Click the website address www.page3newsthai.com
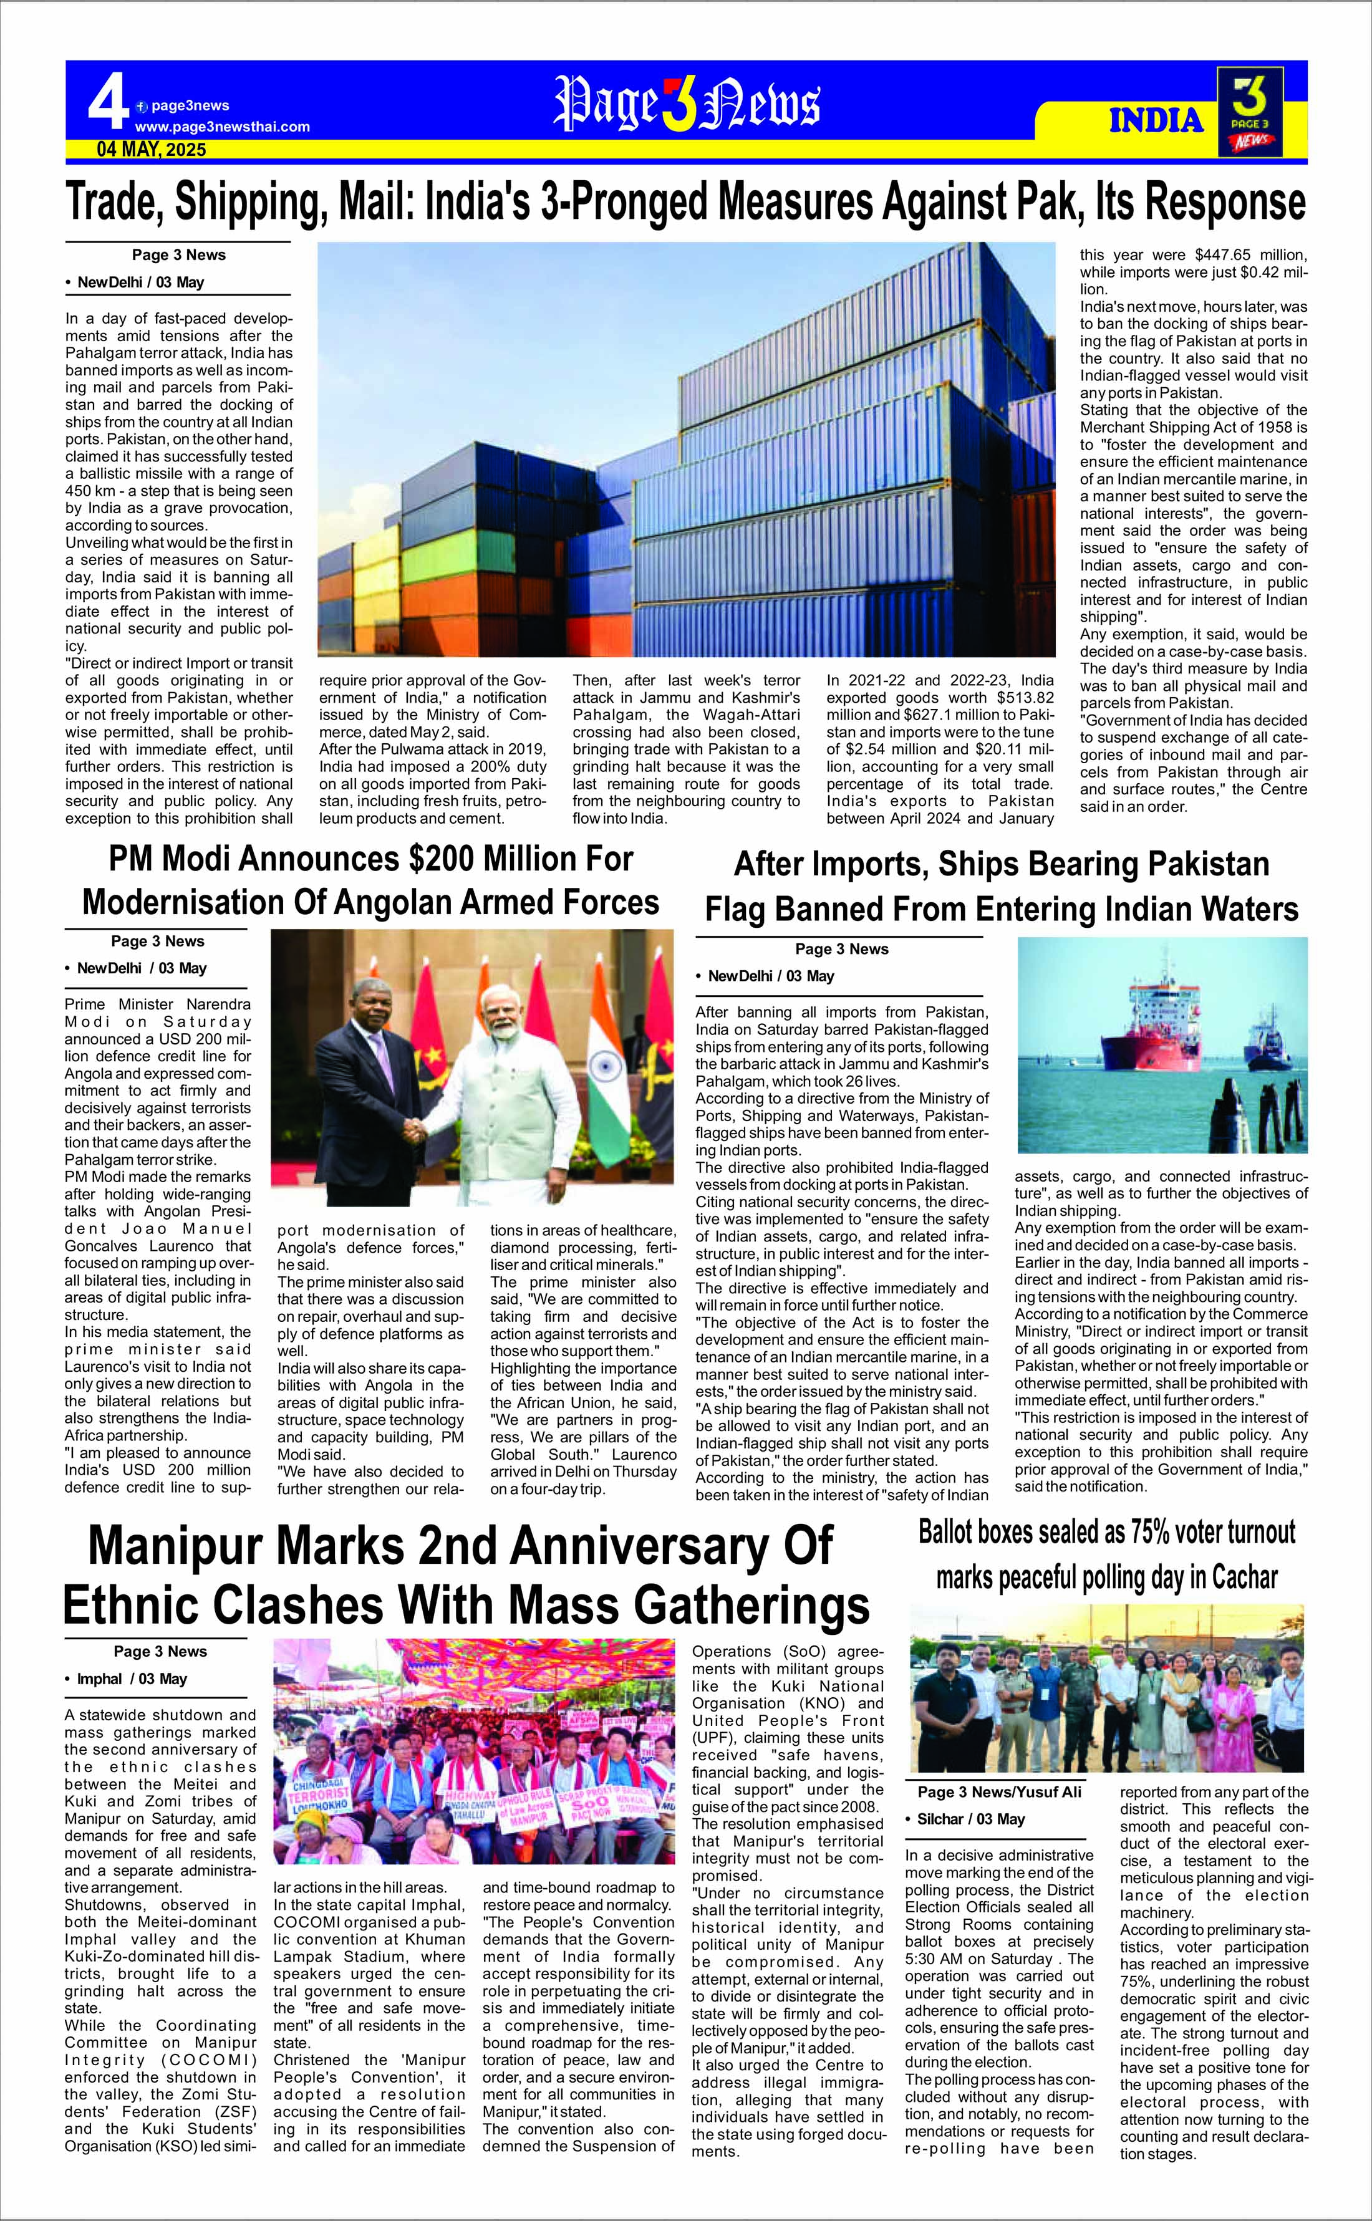[222, 127]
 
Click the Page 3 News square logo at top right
[1250, 112]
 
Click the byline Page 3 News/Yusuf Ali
[999, 1792]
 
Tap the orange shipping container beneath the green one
[445, 592]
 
